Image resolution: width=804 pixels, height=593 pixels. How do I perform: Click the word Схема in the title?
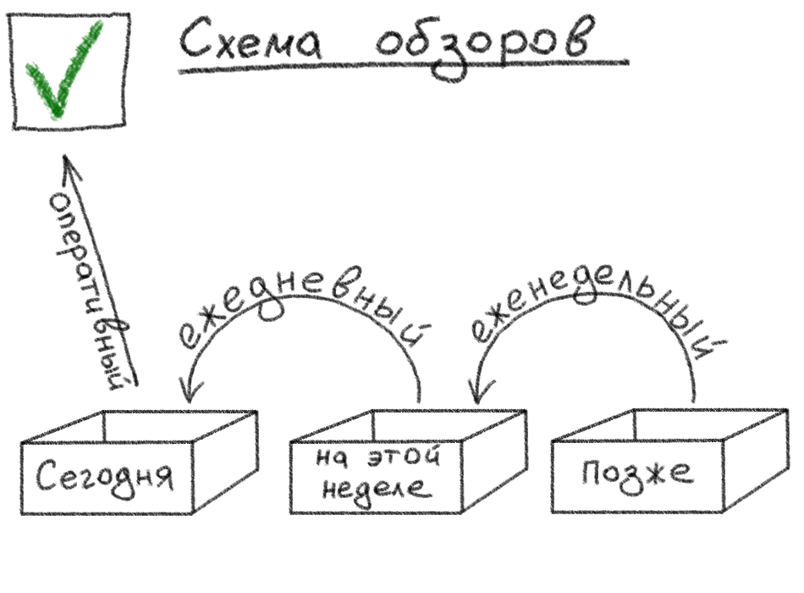click(x=251, y=42)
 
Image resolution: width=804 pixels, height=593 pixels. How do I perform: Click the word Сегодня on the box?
click(x=106, y=477)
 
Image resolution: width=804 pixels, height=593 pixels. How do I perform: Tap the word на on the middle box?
click(x=330, y=459)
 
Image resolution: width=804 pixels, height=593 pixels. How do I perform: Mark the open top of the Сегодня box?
click(x=140, y=426)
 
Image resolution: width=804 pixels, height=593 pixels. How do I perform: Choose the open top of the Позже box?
click(x=669, y=424)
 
